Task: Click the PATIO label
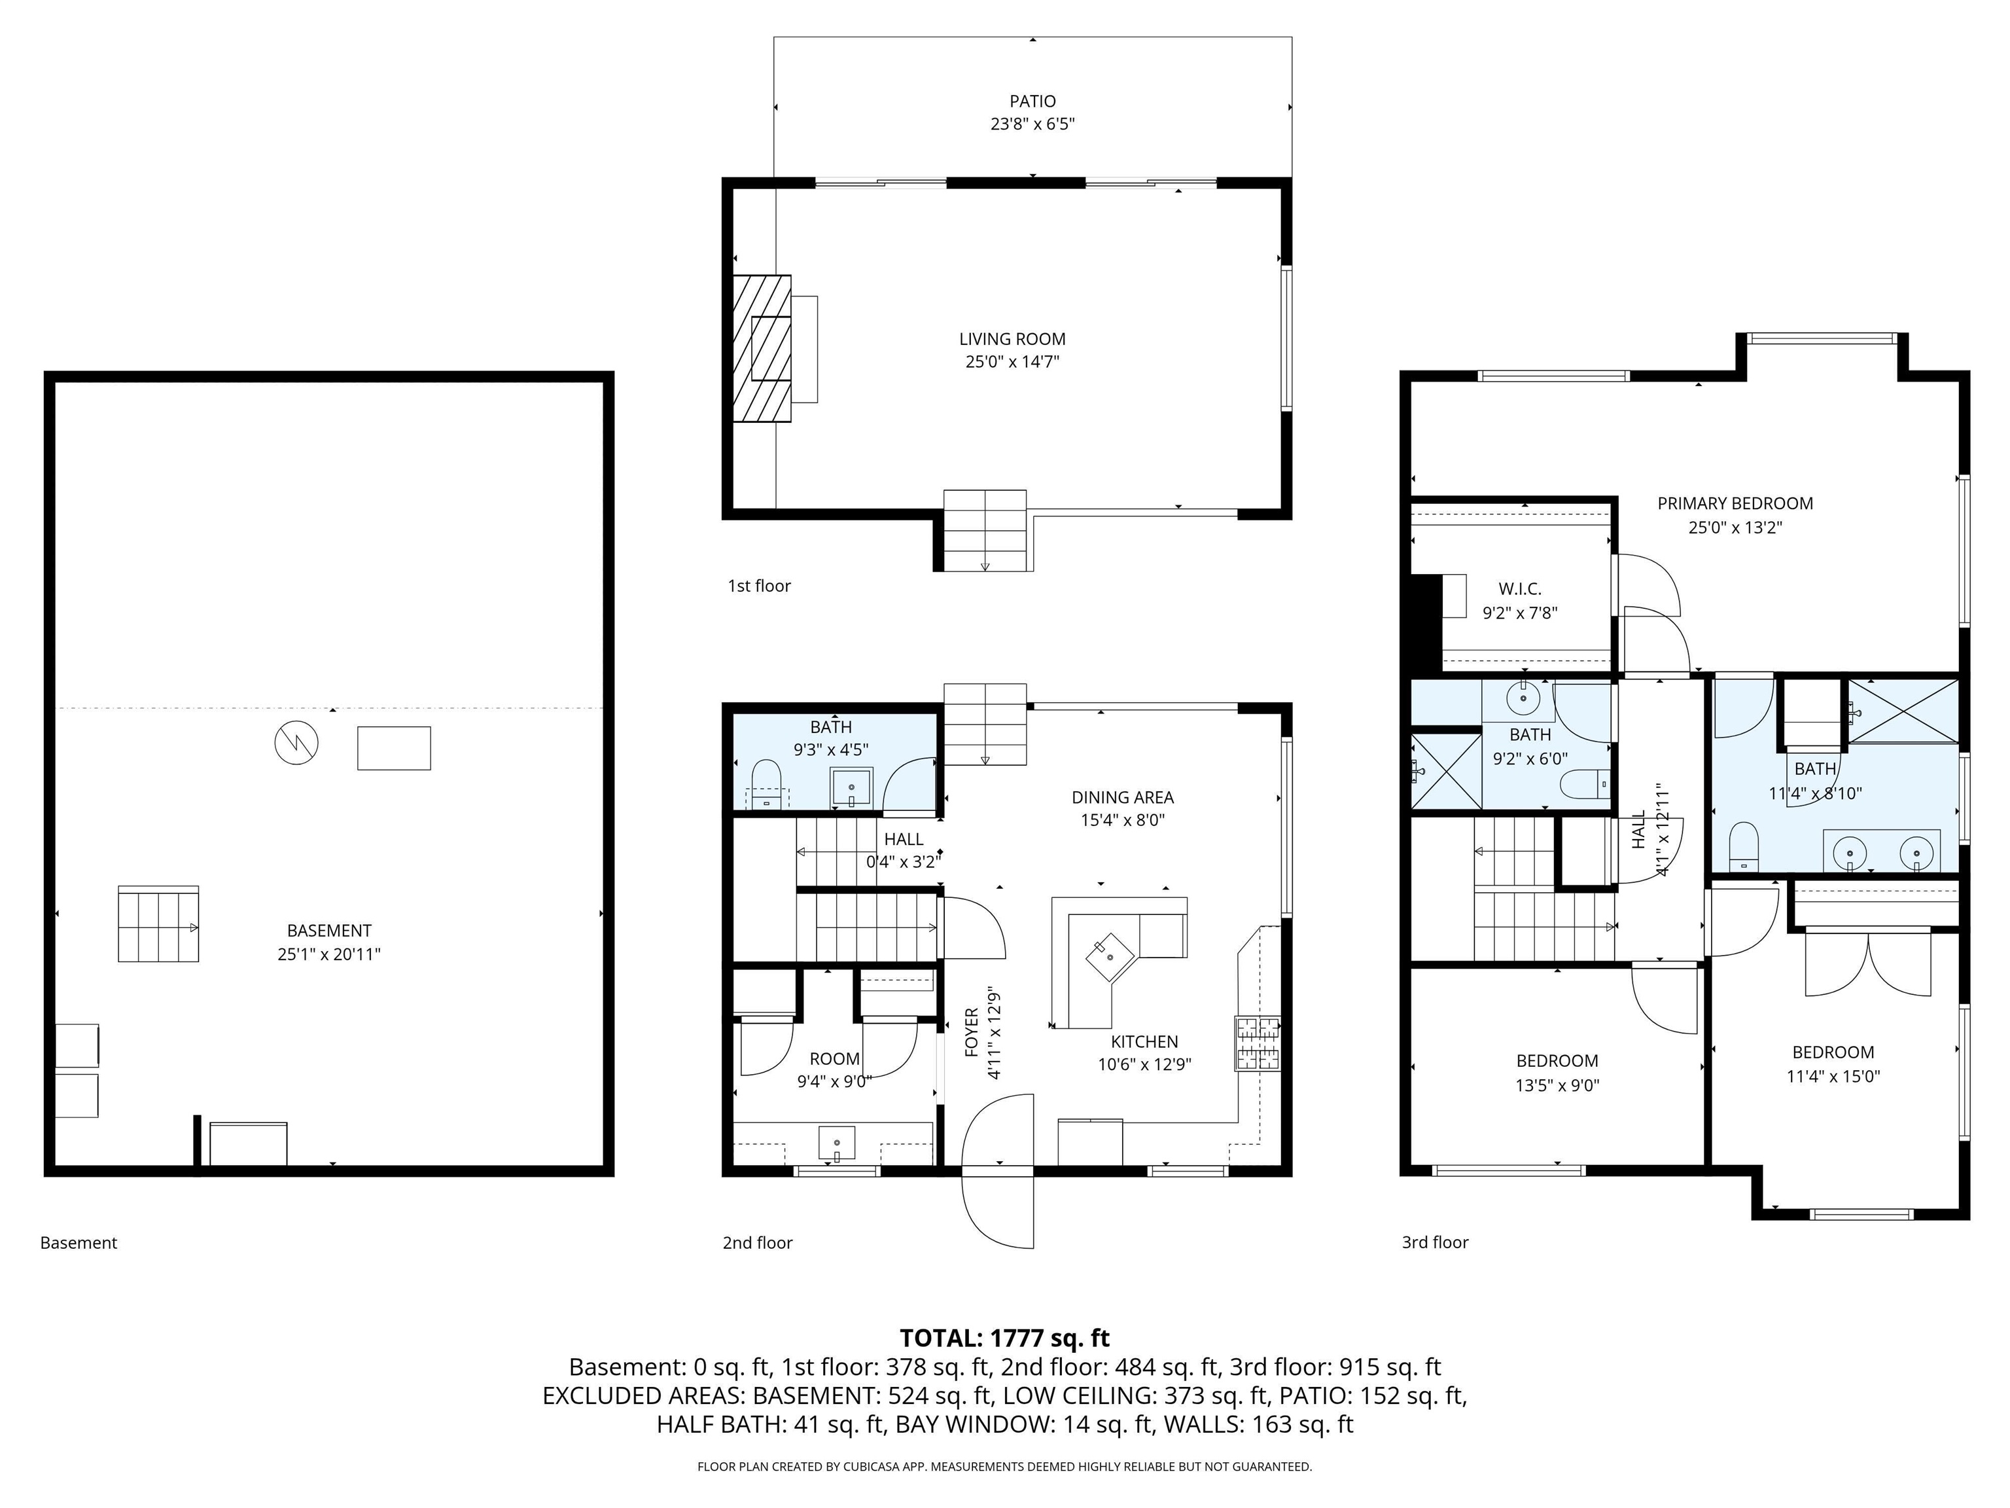[x=1032, y=101]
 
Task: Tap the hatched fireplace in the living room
[x=762, y=348]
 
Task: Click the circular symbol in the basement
[x=296, y=743]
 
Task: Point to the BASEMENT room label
[x=329, y=931]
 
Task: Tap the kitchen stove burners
[x=1258, y=1043]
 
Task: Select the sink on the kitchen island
[x=1110, y=954]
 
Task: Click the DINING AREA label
[x=1122, y=797]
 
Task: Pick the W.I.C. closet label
[x=1519, y=589]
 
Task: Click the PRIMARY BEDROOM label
[x=1735, y=503]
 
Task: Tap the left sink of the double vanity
[x=1848, y=853]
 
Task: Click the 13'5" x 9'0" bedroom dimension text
[x=1557, y=1085]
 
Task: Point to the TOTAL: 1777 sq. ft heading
[x=1004, y=1337]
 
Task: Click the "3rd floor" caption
[x=1435, y=1242]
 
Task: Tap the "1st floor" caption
[x=759, y=586]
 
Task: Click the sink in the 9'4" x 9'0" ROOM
[x=836, y=1141]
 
